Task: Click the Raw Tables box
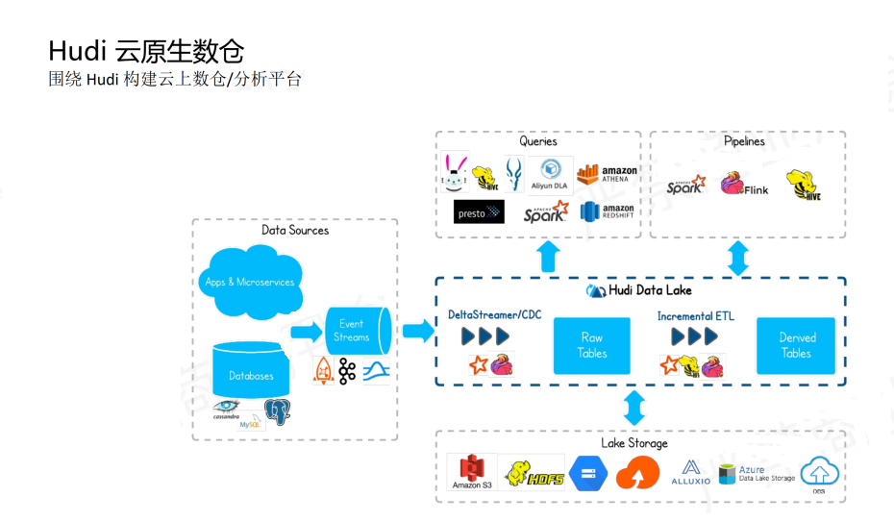click(x=591, y=345)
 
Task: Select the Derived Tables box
click(x=796, y=345)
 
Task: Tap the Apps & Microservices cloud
click(x=250, y=281)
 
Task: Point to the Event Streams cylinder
click(x=355, y=331)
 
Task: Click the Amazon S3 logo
click(x=472, y=472)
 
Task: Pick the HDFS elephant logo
click(x=534, y=472)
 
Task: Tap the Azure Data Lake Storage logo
click(x=757, y=473)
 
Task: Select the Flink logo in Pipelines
click(x=745, y=184)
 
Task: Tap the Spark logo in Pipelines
click(x=685, y=185)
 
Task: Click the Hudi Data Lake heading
click(x=640, y=290)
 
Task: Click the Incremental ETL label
click(x=695, y=315)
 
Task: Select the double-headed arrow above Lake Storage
click(x=635, y=407)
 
